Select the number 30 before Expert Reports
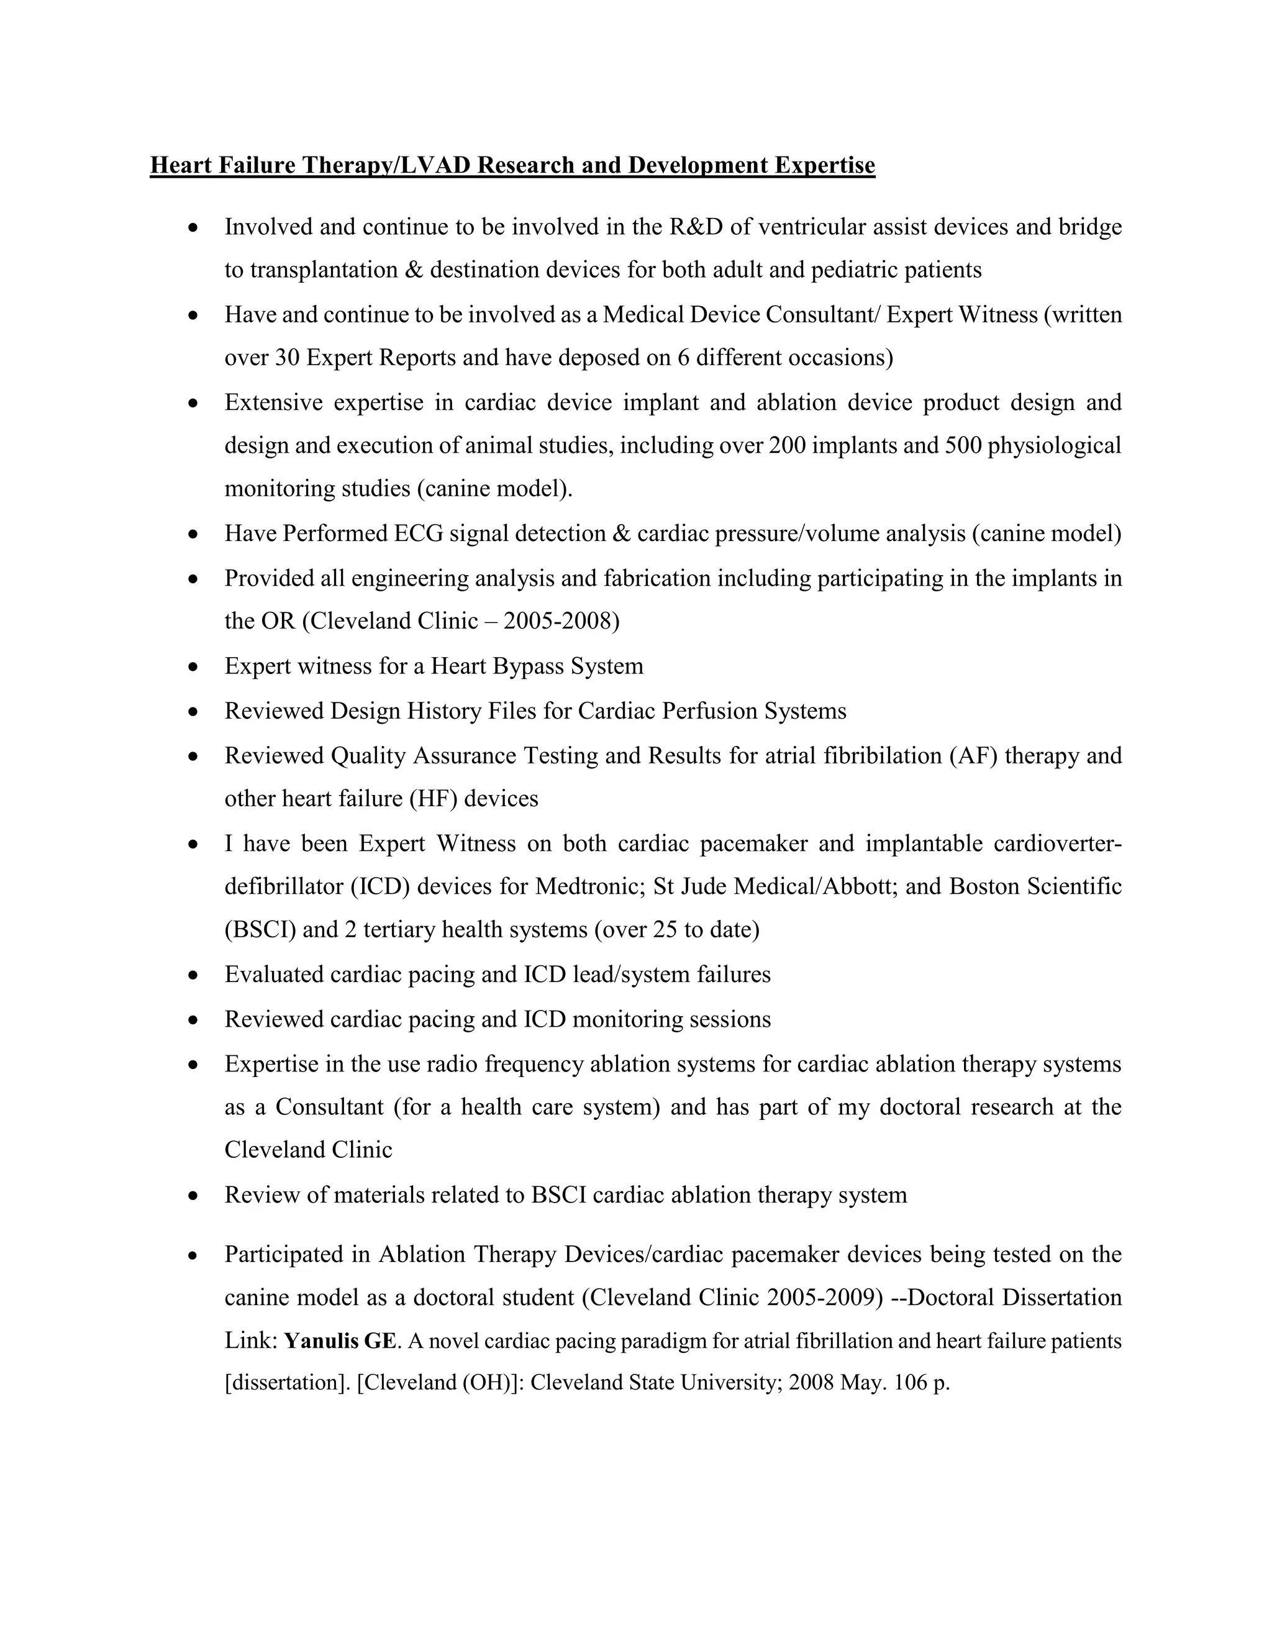coord(287,357)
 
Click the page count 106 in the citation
coord(909,1383)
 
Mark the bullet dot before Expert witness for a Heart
coord(194,667)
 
